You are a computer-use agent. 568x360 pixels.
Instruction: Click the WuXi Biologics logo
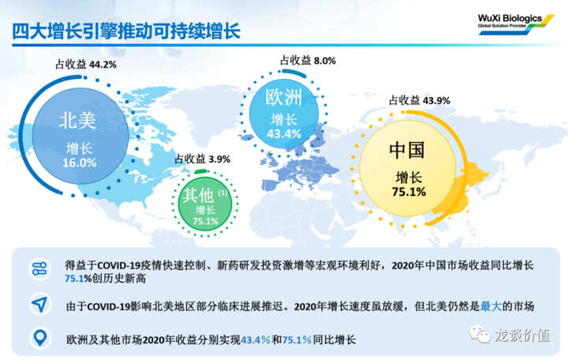516,24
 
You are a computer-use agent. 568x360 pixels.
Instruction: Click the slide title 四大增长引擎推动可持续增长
126,31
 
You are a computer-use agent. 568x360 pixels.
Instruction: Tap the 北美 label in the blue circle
77,120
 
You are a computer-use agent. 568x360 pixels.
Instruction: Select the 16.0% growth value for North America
80,163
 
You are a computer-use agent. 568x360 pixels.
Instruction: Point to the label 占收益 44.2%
86,65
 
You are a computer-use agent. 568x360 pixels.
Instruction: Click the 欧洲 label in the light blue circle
284,97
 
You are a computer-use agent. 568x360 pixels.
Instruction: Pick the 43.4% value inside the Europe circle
284,133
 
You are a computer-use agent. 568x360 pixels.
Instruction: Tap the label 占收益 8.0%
308,61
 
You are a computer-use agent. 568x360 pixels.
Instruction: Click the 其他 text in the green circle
198,195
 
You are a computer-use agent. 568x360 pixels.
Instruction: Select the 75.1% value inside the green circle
205,221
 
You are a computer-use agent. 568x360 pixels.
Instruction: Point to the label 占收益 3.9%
203,159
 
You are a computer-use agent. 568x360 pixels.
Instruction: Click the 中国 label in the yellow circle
407,150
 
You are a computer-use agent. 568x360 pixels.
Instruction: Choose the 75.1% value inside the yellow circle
409,191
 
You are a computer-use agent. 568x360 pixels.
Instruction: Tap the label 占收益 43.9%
420,100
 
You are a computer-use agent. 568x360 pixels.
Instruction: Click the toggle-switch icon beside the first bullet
39,269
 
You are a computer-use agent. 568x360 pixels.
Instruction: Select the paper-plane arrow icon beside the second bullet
39,304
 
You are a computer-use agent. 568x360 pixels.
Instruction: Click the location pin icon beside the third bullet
40,338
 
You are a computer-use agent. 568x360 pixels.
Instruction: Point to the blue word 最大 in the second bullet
491,306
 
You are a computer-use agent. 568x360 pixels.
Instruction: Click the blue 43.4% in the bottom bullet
256,340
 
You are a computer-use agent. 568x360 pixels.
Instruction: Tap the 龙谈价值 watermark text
522,335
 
